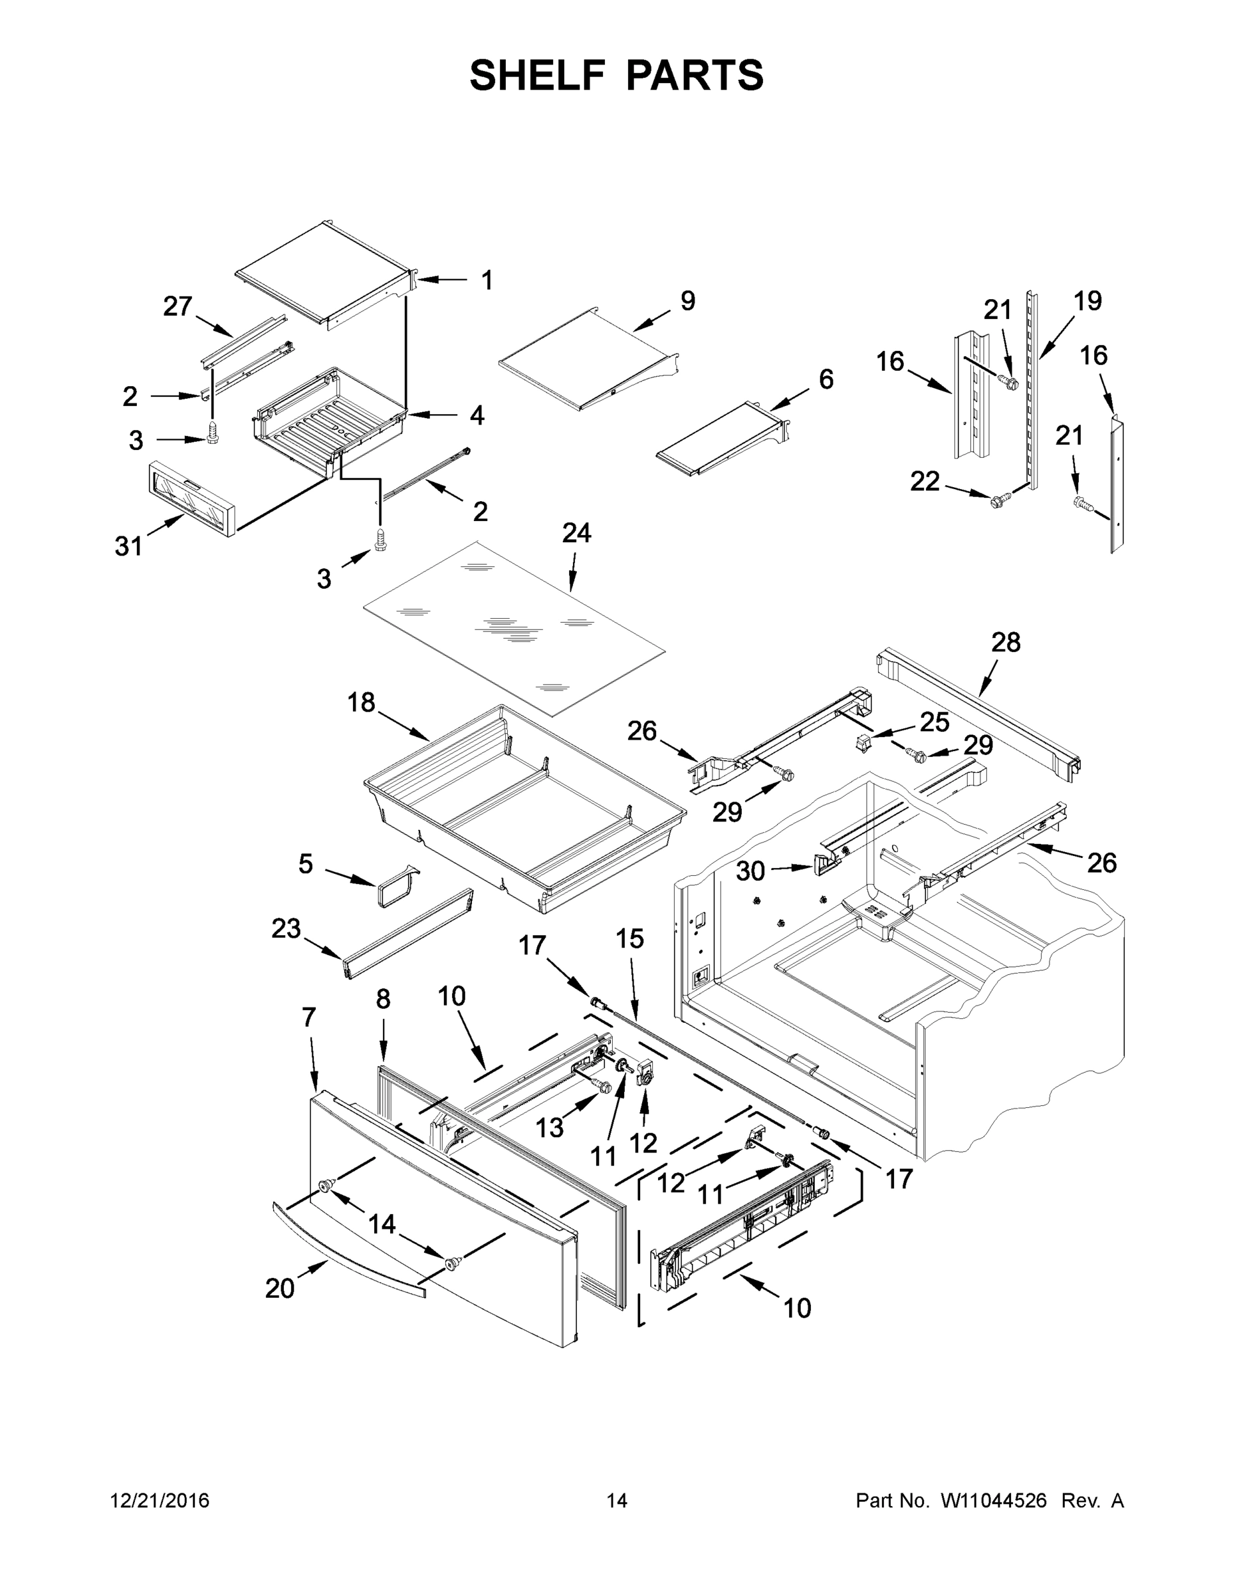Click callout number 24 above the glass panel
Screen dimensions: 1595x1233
pos(576,533)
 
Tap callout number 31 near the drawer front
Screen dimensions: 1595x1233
pos(128,546)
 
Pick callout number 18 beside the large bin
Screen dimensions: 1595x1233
pos(361,702)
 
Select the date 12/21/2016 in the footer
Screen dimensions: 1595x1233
pos(160,1501)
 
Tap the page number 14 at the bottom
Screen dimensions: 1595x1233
pos(617,1501)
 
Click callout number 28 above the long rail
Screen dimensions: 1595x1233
pos(1006,643)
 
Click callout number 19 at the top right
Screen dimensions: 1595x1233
pos(1087,300)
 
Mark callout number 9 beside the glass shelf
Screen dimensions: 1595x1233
pos(687,300)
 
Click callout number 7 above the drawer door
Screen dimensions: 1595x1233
pos(309,1017)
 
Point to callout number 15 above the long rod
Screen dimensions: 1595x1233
pos(629,938)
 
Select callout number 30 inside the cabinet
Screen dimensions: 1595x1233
pos(750,871)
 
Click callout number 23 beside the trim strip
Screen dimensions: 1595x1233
pos(286,929)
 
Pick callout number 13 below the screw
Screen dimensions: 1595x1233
pos(549,1128)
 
